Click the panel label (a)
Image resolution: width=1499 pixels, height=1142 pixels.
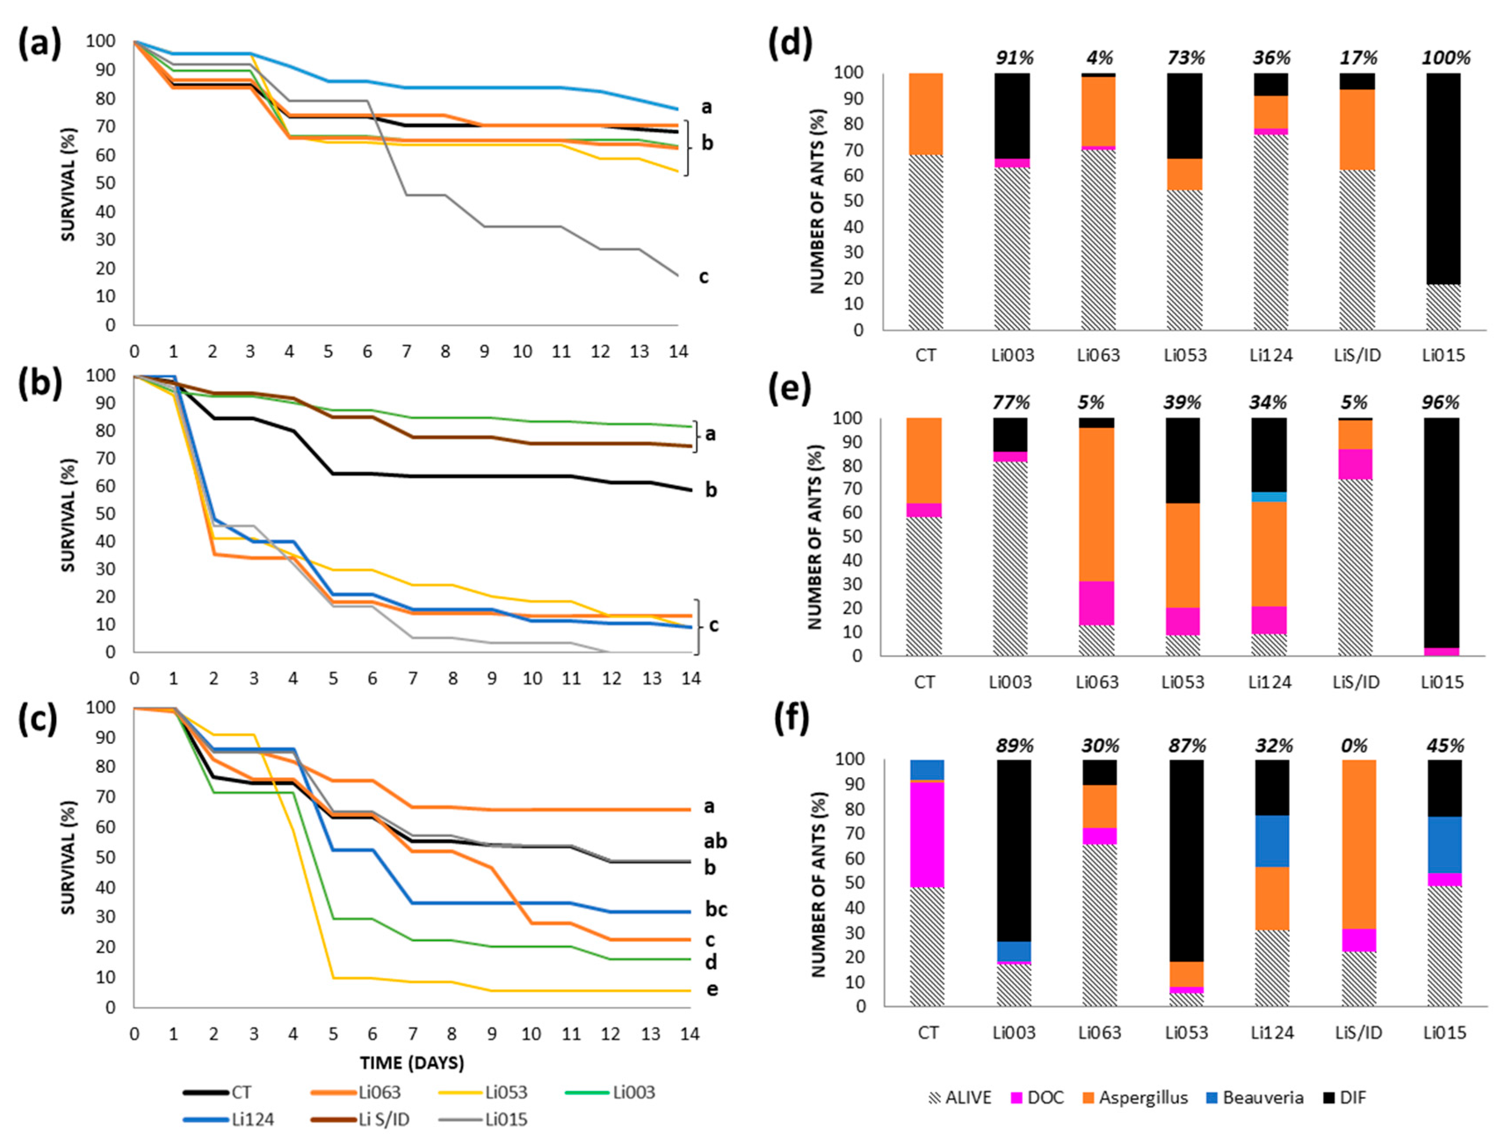tap(40, 46)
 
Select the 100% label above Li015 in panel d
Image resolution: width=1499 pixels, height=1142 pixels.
tap(1445, 58)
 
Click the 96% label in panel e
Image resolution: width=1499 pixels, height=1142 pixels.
tap(1441, 403)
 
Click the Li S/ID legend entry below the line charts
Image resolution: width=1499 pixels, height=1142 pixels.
tap(384, 1120)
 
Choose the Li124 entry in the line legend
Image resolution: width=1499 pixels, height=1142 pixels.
tap(252, 1120)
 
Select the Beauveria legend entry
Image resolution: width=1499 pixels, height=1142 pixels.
tap(1262, 1098)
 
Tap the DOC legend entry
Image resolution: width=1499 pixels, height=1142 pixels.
tap(1045, 1098)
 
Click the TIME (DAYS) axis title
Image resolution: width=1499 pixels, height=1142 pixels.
tap(412, 1063)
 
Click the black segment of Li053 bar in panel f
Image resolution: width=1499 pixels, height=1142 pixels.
tap(1186, 860)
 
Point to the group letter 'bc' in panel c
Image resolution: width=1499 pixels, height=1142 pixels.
tap(716, 910)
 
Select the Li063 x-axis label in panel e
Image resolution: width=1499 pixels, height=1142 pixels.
tap(1097, 682)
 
